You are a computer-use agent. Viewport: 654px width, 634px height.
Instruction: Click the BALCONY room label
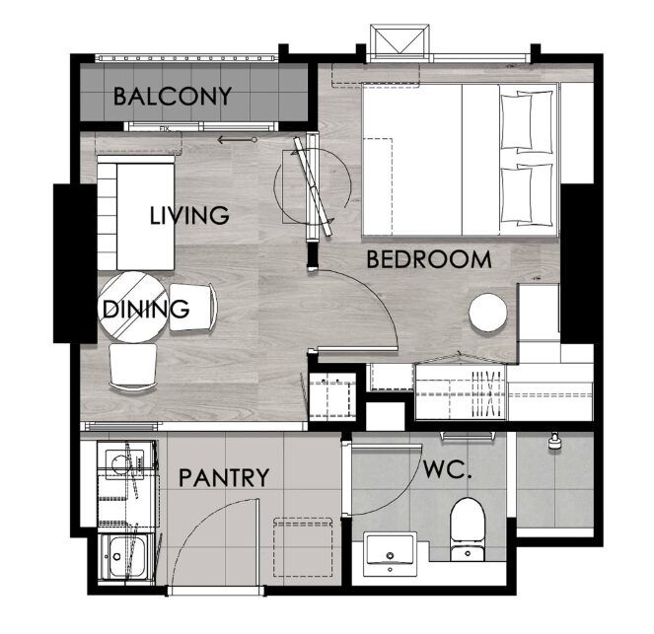(x=173, y=97)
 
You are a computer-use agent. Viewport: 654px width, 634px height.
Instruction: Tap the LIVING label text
(x=189, y=215)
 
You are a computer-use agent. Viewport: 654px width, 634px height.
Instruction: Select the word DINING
(x=146, y=309)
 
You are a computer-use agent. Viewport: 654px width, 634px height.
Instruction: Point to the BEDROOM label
(x=429, y=259)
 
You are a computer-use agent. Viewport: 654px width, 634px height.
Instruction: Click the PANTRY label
(x=224, y=477)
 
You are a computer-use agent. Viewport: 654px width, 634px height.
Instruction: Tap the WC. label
(x=448, y=469)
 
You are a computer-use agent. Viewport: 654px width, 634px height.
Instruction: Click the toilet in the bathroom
(x=468, y=529)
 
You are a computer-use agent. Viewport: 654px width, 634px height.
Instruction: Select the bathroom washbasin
(x=390, y=554)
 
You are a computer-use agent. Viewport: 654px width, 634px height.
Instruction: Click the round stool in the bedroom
(x=488, y=313)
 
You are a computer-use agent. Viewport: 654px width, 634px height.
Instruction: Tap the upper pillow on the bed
(x=527, y=121)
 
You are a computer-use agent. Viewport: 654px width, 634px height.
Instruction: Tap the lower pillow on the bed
(x=527, y=194)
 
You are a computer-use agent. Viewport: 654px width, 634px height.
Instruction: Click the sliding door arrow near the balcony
(x=237, y=140)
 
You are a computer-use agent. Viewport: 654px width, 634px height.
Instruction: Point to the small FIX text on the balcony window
(x=165, y=129)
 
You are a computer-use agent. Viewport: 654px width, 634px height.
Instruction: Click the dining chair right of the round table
(x=193, y=308)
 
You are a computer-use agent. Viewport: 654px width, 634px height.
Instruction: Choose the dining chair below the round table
(x=133, y=367)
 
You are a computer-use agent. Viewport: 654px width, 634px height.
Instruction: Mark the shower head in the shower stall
(x=554, y=441)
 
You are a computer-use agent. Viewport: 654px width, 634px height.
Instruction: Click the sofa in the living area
(x=136, y=213)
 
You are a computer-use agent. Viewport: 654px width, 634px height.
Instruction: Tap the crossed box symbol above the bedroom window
(x=400, y=40)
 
